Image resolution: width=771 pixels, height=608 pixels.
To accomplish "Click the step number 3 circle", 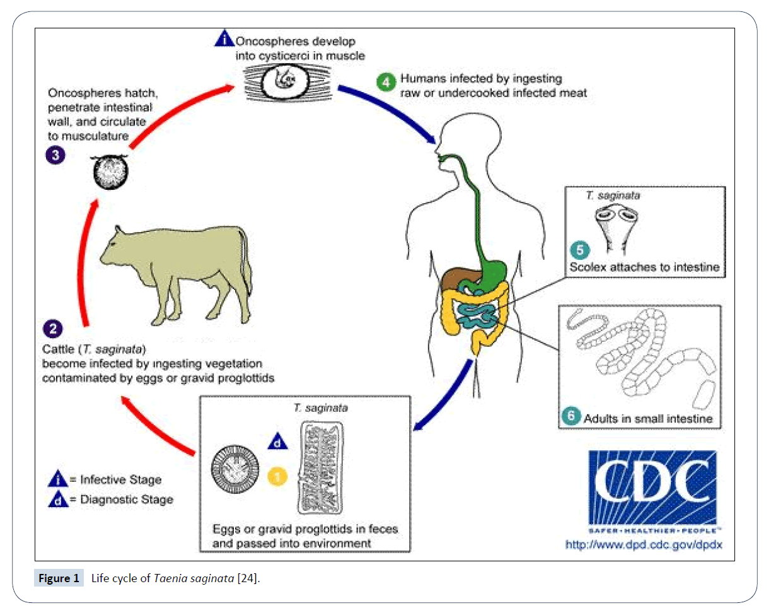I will pos(55,155).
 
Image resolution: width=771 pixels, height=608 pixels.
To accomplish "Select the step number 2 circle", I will pos(52,328).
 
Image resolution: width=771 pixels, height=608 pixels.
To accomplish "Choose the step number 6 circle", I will pos(571,417).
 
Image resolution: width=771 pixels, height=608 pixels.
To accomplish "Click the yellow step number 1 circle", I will pos(277,476).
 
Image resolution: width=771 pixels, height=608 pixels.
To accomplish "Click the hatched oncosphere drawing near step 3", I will pos(110,171).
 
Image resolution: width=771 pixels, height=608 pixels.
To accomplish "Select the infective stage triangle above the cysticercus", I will pos(223,40).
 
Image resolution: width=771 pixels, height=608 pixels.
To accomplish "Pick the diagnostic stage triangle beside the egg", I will pos(278,442).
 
